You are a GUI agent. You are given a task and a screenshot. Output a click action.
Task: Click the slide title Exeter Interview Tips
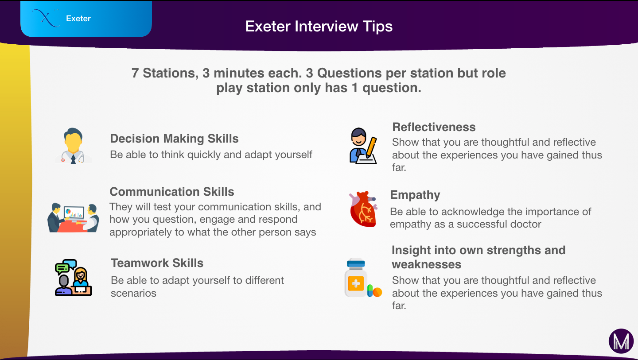point(319,27)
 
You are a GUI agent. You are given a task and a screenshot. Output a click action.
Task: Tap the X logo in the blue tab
point(46,18)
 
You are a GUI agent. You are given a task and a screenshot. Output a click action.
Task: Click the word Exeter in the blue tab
point(78,19)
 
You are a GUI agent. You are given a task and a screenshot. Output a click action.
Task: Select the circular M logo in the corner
point(621,341)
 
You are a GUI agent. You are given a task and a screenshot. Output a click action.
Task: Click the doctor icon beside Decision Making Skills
point(74,146)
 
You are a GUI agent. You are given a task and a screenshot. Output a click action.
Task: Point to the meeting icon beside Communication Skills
point(73,218)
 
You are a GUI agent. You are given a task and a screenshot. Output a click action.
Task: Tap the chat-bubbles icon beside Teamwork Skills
point(73,278)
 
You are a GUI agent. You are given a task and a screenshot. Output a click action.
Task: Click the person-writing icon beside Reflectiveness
point(363,146)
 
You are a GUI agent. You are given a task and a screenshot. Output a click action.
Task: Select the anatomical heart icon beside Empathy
point(363,209)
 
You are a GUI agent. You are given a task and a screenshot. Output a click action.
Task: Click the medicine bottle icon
point(356,278)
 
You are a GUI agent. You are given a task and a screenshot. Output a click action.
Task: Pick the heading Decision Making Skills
point(174,139)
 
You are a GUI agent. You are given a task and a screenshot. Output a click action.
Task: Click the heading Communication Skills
point(172,192)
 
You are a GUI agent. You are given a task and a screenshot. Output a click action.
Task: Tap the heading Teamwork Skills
point(157,263)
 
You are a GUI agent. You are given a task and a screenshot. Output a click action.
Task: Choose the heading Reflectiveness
point(434,127)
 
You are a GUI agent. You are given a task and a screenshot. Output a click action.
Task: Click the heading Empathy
point(415,195)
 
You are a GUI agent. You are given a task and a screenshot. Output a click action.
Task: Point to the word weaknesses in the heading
point(426,265)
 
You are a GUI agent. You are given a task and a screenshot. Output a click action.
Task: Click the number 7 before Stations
point(135,73)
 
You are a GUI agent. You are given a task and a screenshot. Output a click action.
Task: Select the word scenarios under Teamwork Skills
point(134,294)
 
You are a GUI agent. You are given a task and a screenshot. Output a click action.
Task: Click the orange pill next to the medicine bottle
point(377,292)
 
